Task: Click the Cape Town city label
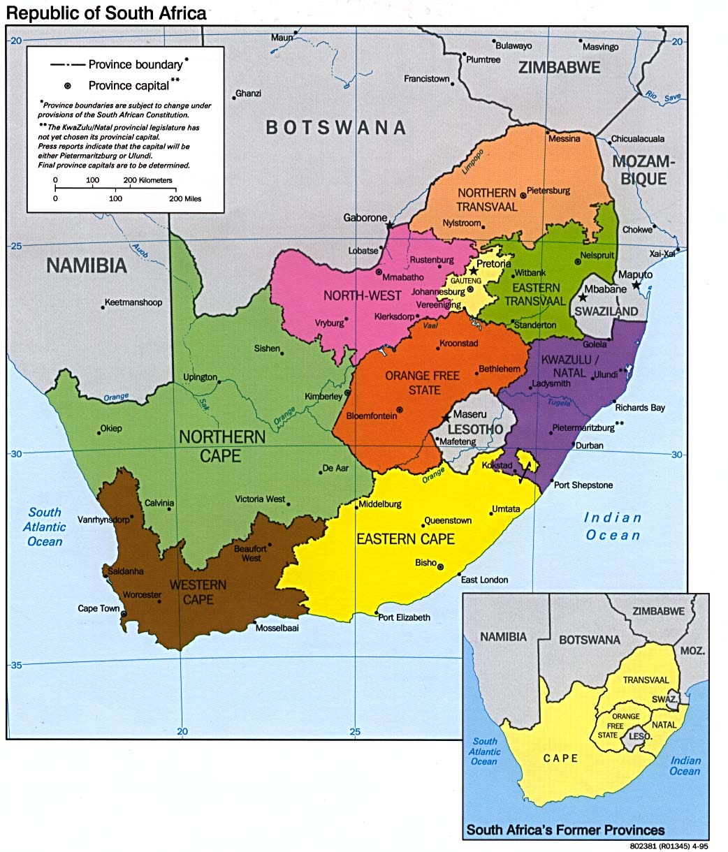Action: coord(99,608)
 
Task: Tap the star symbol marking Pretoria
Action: coord(473,270)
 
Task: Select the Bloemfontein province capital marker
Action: coord(400,410)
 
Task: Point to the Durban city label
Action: coord(588,445)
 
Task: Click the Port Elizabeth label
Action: coord(404,617)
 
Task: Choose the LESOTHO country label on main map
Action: coord(475,428)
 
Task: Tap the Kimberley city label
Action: coord(323,396)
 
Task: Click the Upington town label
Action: coord(200,377)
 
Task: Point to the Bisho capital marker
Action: coord(441,566)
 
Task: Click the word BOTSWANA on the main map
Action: coord(335,127)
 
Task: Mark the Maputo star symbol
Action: coord(636,285)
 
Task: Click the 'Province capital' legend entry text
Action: coord(129,85)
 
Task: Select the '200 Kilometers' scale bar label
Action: coord(147,180)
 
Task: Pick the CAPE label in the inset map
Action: coord(560,758)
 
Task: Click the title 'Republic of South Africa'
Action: coord(106,13)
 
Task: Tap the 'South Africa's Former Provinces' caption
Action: coord(565,830)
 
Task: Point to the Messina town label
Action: coord(564,138)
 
